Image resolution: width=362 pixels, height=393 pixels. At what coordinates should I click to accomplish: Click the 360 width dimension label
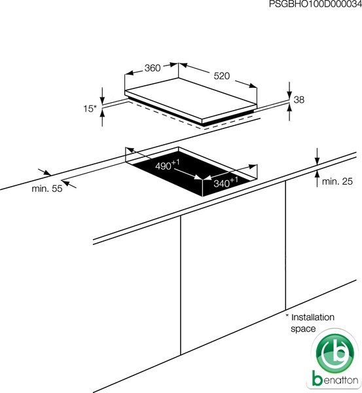coord(153,68)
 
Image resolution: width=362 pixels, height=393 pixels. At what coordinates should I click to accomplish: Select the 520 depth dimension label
coord(222,76)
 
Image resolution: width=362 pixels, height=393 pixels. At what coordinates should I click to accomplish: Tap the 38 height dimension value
coord(299,100)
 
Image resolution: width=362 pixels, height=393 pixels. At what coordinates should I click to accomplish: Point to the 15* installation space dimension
coord(90,109)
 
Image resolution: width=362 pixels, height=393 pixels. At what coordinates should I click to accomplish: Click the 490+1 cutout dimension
coord(168,165)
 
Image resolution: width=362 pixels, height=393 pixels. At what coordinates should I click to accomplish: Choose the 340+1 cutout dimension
coord(226,183)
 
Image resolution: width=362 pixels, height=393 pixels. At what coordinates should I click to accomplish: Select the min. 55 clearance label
coord(47,189)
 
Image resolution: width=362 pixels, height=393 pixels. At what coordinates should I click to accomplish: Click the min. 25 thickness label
coord(337,181)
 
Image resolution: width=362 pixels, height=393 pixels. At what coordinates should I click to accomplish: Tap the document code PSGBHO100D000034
coord(316,5)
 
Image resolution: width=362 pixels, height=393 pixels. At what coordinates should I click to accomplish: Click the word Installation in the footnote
coord(313,317)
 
